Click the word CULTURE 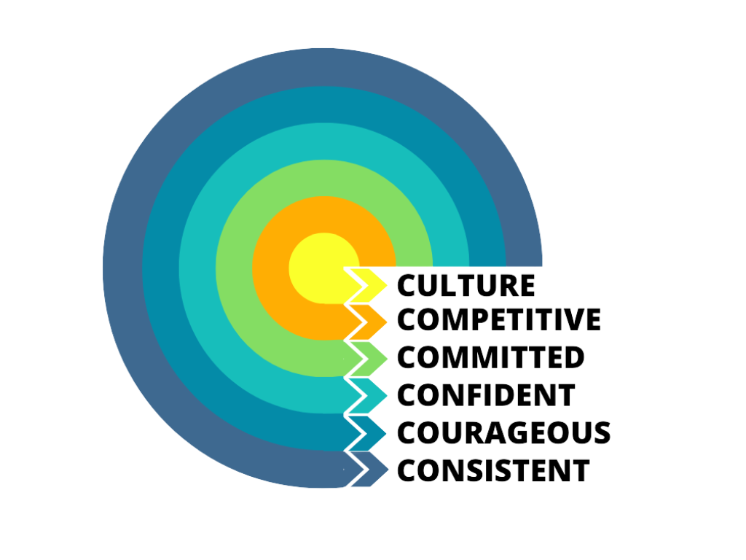click(467, 284)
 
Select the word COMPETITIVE click(499, 319)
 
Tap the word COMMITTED click(491, 357)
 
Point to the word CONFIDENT click(486, 395)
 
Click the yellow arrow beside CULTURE click(369, 285)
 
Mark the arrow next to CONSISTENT click(369, 470)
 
